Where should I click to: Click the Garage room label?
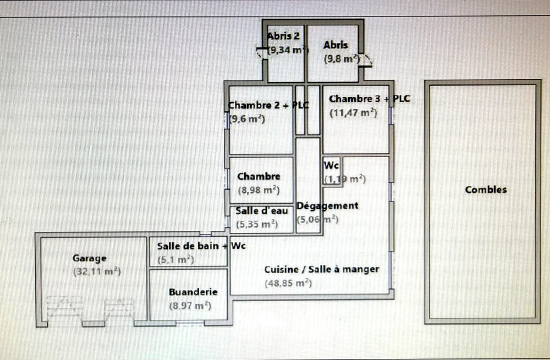(90, 258)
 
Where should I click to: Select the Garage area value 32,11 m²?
(97, 272)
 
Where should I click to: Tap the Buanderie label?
(193, 292)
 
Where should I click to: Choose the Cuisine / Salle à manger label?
(322, 269)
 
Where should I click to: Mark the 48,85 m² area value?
(288, 284)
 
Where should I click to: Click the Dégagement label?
(327, 206)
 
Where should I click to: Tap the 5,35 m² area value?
(256, 224)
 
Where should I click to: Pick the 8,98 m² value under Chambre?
(258, 191)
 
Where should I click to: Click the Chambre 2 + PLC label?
(268, 105)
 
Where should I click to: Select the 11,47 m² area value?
(353, 113)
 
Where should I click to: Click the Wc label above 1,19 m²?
(331, 165)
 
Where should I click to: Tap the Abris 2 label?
(283, 36)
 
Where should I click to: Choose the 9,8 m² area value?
(341, 59)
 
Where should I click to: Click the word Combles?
(486, 190)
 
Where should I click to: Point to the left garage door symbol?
(65, 309)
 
